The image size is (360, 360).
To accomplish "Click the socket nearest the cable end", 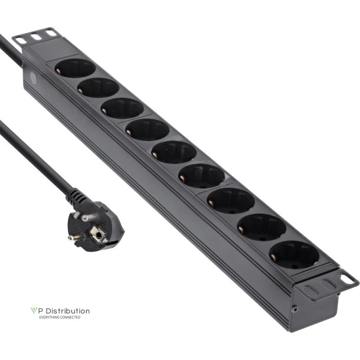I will point(75,68).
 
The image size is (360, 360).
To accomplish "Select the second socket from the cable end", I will point(99,89).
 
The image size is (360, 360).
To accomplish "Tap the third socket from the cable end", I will point(122,109).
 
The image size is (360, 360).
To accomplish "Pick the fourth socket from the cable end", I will point(148,129).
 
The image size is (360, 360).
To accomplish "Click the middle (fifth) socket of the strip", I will point(174,152).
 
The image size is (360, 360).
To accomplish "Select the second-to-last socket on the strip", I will point(261,228).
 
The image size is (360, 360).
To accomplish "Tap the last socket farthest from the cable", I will point(293,256).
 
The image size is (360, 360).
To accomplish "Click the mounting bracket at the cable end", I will point(37,37).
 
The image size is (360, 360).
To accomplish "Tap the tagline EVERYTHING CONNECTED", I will point(59,318).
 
